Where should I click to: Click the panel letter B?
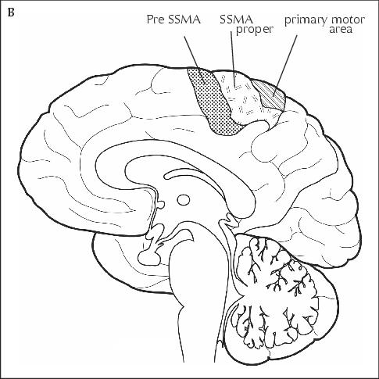click(11, 13)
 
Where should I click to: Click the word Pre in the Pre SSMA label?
click(156, 20)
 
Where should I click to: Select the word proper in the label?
click(254, 30)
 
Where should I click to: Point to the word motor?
click(347, 20)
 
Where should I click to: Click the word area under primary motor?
click(341, 29)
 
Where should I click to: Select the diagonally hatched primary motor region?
click(270, 95)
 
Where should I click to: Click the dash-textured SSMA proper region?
click(242, 98)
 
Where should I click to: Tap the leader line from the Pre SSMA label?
click(195, 59)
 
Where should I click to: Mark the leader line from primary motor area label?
click(284, 66)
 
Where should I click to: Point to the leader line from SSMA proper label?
click(233, 60)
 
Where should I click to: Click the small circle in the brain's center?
click(184, 200)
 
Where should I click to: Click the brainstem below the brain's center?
click(198, 299)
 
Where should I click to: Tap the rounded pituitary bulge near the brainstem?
click(149, 256)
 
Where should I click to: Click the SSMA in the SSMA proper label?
click(237, 20)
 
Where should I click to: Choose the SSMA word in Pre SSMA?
click(184, 20)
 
